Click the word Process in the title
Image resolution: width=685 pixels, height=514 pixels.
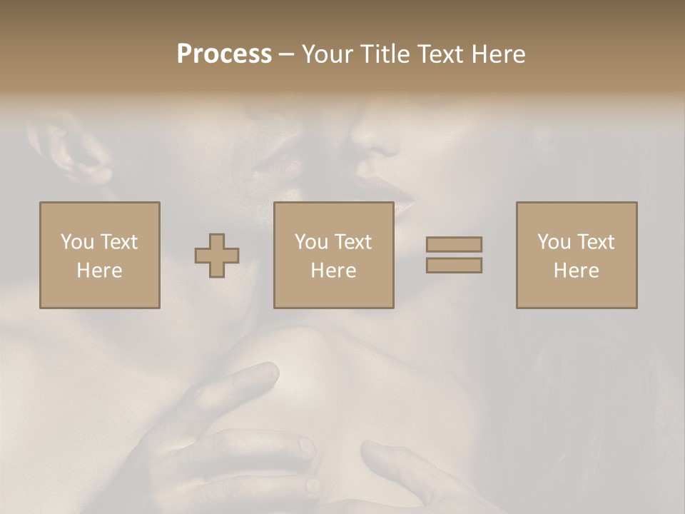pos(224,54)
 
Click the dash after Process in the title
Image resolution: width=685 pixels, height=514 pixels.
pos(287,55)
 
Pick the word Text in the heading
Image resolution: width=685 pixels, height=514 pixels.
pos(440,54)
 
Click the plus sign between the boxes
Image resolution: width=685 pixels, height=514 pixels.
pos(217,256)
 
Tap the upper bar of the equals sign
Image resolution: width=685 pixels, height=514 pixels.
pos(454,244)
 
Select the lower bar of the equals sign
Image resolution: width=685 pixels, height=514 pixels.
pos(454,266)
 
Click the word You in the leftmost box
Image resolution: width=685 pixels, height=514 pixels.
pos(77,241)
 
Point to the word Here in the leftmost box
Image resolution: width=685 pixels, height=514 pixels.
pos(99,271)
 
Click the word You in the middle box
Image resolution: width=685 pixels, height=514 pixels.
pos(311,241)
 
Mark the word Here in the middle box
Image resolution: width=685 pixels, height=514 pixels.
pos(333,271)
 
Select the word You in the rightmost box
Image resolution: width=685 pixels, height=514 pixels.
pos(554,241)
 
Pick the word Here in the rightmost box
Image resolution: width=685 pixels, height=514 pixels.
pos(576,271)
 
